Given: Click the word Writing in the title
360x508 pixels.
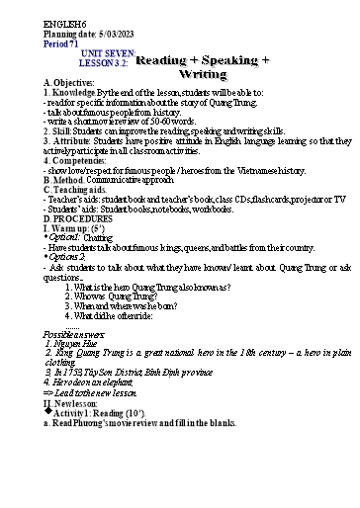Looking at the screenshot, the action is coord(203,74).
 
